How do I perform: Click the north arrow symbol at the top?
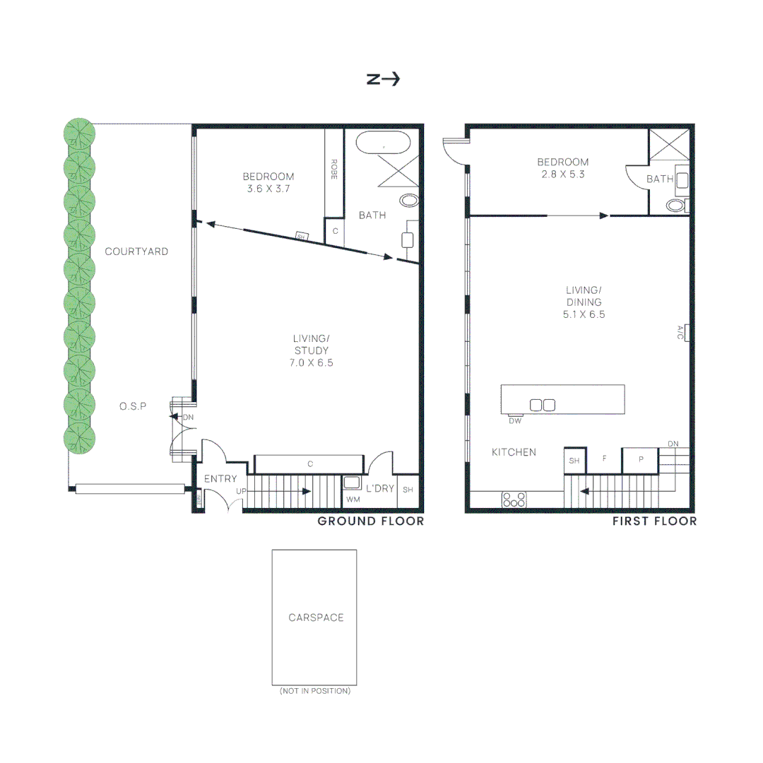point(383,79)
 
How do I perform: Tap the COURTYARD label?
point(136,252)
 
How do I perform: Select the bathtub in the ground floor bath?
point(382,143)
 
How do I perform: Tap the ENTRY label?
point(220,479)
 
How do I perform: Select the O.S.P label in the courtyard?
point(133,406)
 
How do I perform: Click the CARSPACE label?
point(316,617)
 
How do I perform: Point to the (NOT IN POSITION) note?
point(314,691)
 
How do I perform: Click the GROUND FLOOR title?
point(370,521)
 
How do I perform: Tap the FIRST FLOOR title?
point(654,521)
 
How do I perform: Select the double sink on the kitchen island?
point(542,405)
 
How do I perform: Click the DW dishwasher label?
point(515,421)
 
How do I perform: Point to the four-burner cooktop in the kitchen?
point(514,499)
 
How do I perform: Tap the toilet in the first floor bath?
point(676,206)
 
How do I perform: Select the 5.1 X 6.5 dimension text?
point(584,315)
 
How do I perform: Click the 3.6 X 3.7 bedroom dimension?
point(268,189)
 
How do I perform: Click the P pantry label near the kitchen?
point(641,459)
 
